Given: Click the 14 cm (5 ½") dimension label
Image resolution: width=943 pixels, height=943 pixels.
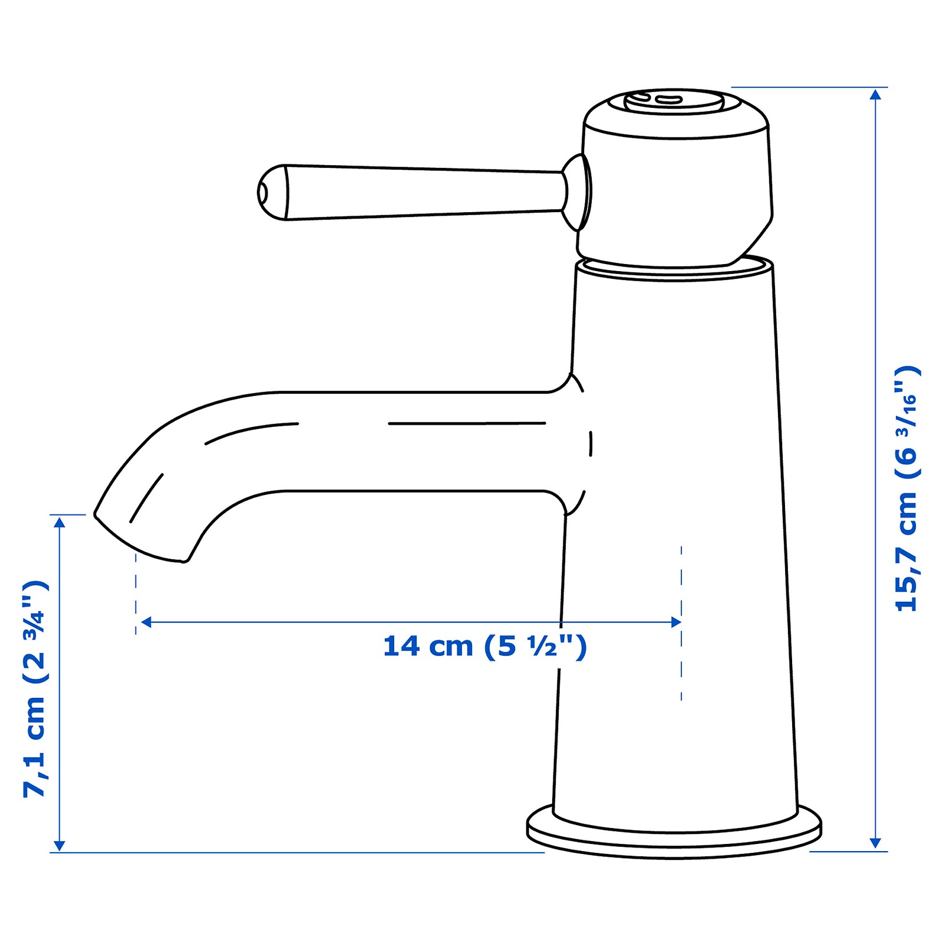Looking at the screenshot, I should point(484,647).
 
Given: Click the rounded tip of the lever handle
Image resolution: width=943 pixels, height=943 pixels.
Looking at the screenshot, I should point(271,193).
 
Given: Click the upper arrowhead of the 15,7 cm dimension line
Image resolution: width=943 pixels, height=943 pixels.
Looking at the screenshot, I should point(876,94).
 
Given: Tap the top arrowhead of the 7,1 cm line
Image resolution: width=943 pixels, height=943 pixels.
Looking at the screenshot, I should point(58,522).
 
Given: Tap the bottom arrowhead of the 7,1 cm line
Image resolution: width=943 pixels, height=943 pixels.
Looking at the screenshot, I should point(58,845).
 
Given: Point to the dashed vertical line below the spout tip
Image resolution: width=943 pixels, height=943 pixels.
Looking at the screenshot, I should point(136,595).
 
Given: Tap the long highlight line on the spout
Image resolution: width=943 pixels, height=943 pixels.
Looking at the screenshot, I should point(467,423).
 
